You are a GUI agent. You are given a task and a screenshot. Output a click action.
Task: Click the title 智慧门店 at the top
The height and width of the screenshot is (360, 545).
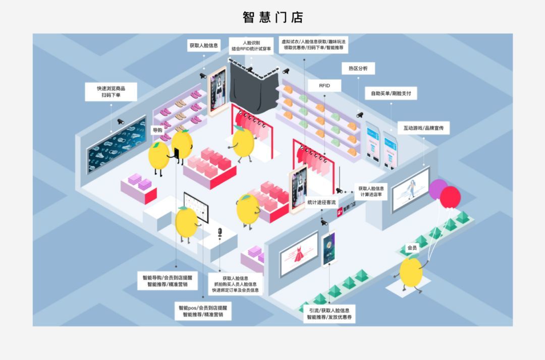point(272,17)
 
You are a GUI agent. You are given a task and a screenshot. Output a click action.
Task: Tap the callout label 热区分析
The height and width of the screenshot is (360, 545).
point(358,69)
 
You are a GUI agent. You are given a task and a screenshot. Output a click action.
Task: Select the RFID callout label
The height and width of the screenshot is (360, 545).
point(324,86)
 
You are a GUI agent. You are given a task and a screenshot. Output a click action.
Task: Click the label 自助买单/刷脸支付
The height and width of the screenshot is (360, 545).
point(391,93)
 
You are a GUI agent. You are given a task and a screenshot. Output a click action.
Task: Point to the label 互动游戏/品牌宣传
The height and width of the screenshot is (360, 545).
point(423,129)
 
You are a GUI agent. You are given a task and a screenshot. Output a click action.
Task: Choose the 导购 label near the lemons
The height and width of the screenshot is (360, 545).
point(157,130)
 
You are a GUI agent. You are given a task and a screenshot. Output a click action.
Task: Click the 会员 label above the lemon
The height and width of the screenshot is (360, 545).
point(412,248)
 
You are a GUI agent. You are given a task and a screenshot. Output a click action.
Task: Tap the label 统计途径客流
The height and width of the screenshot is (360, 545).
point(321,202)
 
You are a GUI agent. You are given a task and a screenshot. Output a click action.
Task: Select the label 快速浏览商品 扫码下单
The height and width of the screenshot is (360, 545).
point(111,91)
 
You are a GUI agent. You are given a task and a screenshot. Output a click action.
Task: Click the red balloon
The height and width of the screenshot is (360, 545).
point(450,197)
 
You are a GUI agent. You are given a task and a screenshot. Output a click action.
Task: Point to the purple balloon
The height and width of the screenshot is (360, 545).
point(437,189)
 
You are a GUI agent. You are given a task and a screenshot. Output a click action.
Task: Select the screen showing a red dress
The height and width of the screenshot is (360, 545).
point(299,254)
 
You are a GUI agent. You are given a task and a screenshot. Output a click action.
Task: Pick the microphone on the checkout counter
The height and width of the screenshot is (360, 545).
point(220,233)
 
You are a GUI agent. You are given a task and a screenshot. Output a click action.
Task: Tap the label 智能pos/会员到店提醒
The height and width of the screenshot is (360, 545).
point(203,311)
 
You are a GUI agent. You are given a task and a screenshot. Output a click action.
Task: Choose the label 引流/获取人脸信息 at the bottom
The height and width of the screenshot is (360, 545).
point(329,314)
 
